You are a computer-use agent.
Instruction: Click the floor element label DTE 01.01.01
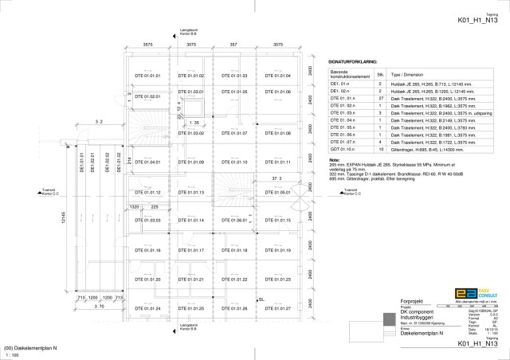(147, 76)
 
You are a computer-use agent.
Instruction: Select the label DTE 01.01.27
(277, 308)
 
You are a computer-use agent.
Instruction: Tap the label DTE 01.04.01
(147, 162)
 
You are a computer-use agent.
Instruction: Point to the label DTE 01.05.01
(277, 193)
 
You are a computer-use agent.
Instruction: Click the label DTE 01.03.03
(147, 221)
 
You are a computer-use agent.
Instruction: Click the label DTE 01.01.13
(191, 193)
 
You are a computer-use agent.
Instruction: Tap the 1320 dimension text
(135, 206)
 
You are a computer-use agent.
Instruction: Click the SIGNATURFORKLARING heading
(353, 61)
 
